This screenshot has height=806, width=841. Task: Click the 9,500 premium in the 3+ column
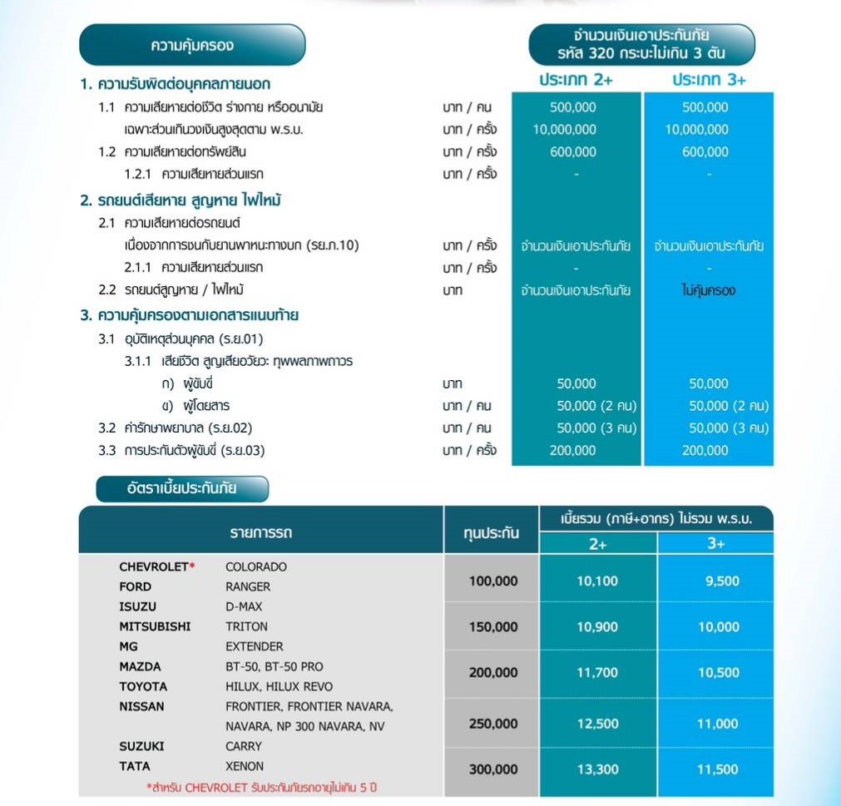point(721,581)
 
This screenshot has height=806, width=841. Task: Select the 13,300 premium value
point(597,769)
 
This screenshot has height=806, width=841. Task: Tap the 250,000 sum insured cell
point(492,724)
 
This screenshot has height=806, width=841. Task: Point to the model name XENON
point(245,766)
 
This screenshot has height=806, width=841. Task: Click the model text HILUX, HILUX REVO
point(279,686)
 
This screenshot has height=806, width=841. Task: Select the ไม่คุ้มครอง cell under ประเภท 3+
point(707,290)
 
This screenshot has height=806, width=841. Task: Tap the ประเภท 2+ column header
point(575,80)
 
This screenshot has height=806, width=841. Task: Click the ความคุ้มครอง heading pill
point(192,45)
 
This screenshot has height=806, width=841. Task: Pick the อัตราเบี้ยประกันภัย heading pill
point(182,488)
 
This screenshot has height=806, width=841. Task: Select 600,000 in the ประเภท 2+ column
point(573,151)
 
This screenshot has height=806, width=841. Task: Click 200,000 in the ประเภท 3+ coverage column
point(705,450)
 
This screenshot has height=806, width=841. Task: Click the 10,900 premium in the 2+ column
point(597,627)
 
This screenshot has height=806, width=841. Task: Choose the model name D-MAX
point(244,606)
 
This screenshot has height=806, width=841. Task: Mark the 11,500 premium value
point(717,769)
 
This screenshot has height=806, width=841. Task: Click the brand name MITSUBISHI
point(155,626)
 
